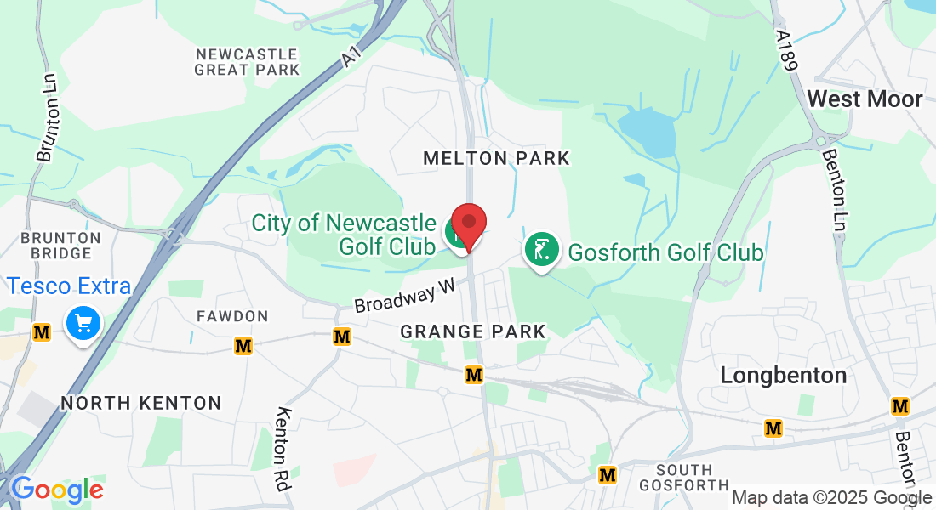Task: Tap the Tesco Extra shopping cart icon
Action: pyautogui.click(x=83, y=324)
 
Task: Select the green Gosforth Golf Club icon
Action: pyautogui.click(x=540, y=250)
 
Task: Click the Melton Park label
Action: pyautogui.click(x=496, y=158)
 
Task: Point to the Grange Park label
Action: pyautogui.click(x=472, y=331)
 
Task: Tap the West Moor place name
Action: pyautogui.click(x=865, y=99)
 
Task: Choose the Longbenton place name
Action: pyautogui.click(x=784, y=375)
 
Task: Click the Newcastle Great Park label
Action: pyautogui.click(x=247, y=61)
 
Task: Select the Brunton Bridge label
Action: pyautogui.click(x=56, y=245)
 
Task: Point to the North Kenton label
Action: pyautogui.click(x=141, y=403)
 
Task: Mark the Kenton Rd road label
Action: pyautogui.click(x=283, y=450)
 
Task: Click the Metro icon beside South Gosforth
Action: pyautogui.click(x=608, y=474)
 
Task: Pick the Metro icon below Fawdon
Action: pyautogui.click(x=244, y=346)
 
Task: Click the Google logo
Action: pyautogui.click(x=57, y=490)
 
